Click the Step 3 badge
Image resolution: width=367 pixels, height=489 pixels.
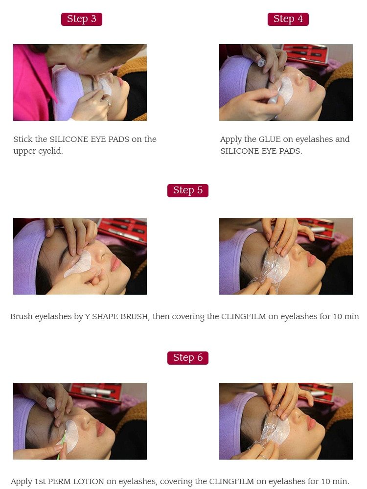81,19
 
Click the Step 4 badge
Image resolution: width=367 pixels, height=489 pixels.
288,19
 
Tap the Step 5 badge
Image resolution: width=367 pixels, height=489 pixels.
187,190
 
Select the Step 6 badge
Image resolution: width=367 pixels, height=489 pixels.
187,358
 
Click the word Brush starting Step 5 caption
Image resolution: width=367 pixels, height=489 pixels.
22,317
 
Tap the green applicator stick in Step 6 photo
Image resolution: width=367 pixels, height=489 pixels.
61,446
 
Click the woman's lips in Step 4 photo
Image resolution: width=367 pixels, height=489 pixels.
312,85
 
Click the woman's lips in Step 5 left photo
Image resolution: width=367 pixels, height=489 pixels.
115,263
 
